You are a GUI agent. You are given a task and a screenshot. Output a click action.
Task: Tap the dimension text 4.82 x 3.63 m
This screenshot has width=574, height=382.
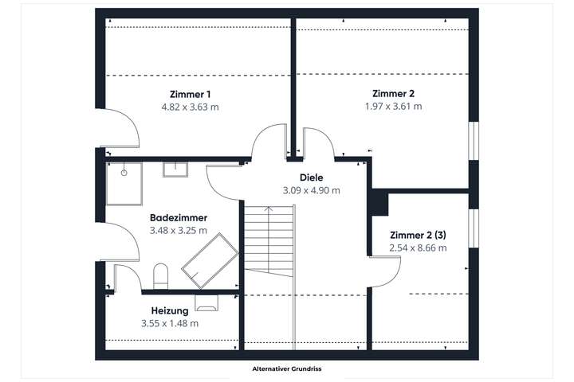click(x=190, y=106)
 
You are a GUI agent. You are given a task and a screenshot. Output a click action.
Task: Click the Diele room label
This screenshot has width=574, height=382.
click(x=311, y=177)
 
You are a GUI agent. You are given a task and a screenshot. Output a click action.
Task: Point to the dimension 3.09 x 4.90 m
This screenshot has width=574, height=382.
click(x=311, y=190)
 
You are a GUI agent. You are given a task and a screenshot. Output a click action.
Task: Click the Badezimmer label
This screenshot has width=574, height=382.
click(x=179, y=217)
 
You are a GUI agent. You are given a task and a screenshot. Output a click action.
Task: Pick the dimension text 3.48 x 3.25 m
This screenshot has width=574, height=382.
click(x=179, y=230)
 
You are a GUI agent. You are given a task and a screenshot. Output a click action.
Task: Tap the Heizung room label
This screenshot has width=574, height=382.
click(x=169, y=310)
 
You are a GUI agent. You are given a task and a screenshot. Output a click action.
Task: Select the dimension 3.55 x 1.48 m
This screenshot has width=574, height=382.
click(x=169, y=323)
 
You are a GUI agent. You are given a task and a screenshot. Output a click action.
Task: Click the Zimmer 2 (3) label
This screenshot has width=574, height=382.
click(x=418, y=235)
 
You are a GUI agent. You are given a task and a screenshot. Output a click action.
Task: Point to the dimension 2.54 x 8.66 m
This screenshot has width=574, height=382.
click(x=418, y=248)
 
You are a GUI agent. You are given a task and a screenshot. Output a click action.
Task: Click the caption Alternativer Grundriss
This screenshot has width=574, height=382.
click(x=286, y=369)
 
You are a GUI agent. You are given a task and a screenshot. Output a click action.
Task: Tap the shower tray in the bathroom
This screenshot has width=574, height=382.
click(x=124, y=182)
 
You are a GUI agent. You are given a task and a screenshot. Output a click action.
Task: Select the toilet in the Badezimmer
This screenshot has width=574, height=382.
click(x=160, y=275)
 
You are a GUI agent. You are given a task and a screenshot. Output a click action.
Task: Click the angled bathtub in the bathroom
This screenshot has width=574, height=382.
click(x=210, y=260)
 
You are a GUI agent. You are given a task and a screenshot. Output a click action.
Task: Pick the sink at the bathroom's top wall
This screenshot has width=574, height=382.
click(x=175, y=169)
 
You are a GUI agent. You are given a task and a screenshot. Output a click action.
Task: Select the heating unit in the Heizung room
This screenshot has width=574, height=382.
click(x=206, y=302)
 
